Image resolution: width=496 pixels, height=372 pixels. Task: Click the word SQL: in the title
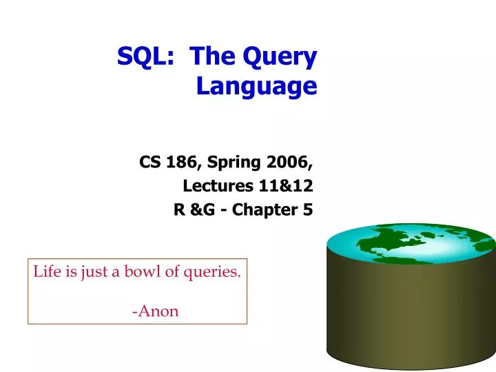(145, 56)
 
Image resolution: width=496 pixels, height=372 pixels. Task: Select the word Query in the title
(284, 58)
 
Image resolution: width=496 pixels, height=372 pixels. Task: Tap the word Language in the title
(256, 87)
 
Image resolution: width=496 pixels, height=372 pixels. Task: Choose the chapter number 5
(307, 210)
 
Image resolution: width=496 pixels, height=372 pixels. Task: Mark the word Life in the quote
(45, 271)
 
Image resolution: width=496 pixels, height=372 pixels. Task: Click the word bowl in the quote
(143, 271)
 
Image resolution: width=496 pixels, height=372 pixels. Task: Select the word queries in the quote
(214, 272)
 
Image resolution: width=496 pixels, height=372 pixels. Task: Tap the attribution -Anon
(156, 311)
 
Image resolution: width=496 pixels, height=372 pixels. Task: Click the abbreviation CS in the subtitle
(149, 163)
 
